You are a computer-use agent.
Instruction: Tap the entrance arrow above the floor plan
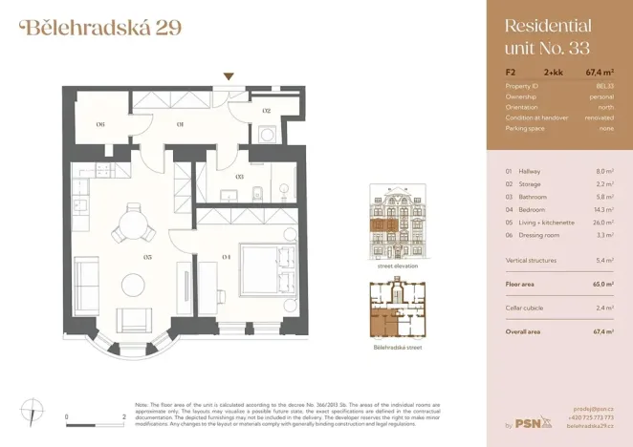pos(228,76)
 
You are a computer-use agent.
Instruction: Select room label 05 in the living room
pos(147,257)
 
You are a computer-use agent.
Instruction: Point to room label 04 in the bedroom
pos(226,257)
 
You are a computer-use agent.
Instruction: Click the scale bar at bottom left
pos(96,417)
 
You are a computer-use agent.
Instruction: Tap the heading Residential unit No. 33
pos(547,38)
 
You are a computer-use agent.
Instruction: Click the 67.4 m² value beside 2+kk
pos(600,72)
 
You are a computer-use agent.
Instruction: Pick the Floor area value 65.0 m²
pos(601,284)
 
